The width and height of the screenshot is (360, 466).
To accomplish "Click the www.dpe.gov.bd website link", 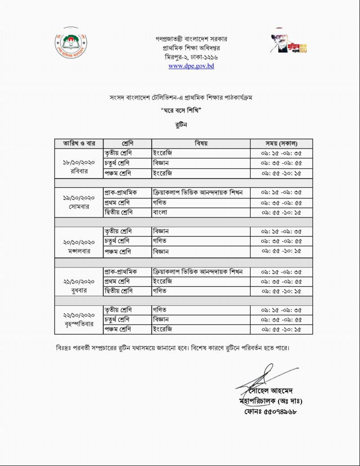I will coord(191,66).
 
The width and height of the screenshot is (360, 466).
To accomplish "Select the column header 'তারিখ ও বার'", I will coord(79,144).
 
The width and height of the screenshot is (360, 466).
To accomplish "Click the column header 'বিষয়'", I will coord(201,144).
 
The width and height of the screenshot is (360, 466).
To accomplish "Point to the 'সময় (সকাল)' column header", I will coord(281,144).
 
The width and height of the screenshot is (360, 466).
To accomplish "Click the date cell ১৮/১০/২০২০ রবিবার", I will coord(79,163).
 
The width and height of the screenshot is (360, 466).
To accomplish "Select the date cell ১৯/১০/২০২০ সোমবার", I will coord(79,202).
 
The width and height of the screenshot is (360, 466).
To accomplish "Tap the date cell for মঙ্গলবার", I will coord(79,241).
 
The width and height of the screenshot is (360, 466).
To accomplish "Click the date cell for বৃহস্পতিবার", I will coord(79,320).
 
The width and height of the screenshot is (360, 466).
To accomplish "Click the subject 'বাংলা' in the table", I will coord(160,212).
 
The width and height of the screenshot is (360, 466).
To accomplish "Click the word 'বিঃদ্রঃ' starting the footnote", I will coord(63,348).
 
